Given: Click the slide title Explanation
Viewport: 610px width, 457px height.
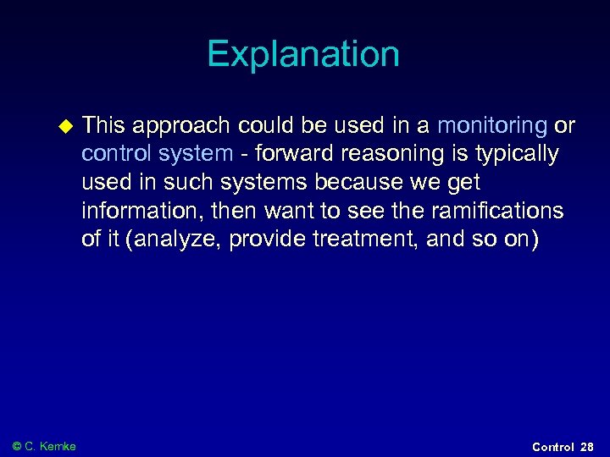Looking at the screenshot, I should [303, 55].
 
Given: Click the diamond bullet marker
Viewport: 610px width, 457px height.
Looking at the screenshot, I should [62, 127].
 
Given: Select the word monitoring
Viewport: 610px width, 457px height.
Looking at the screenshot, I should [491, 126].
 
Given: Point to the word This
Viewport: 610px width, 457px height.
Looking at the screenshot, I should [103, 126].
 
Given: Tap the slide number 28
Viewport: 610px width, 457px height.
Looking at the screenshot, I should [587, 446].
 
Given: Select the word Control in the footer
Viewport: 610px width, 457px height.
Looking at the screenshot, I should [552, 446].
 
